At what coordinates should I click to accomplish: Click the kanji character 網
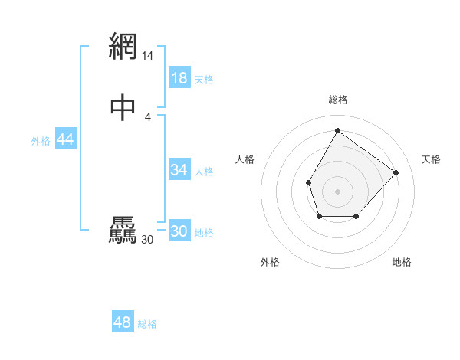click(123, 47)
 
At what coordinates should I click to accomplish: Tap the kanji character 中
click(123, 107)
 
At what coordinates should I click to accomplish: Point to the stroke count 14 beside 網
click(147, 56)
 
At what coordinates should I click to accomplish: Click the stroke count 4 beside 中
click(147, 116)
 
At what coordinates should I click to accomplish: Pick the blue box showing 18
click(179, 78)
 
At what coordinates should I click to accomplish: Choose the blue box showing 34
click(179, 170)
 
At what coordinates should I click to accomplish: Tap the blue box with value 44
click(65, 139)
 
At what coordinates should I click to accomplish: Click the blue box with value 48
click(123, 322)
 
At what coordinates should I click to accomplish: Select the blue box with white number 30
click(179, 231)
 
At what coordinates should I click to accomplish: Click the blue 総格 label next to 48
click(147, 324)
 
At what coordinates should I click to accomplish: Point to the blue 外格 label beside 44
click(41, 141)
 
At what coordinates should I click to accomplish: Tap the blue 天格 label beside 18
click(204, 80)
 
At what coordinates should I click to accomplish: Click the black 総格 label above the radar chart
click(337, 100)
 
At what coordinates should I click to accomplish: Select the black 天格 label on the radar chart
click(431, 159)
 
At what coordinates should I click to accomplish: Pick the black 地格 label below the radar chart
click(402, 262)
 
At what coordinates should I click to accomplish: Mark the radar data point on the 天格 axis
click(396, 172)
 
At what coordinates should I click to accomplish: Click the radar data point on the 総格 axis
click(337, 130)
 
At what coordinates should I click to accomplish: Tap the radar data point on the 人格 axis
click(308, 182)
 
